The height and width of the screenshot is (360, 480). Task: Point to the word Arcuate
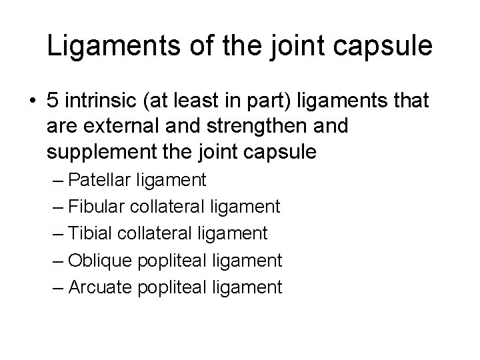pyautogui.click(x=101, y=287)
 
